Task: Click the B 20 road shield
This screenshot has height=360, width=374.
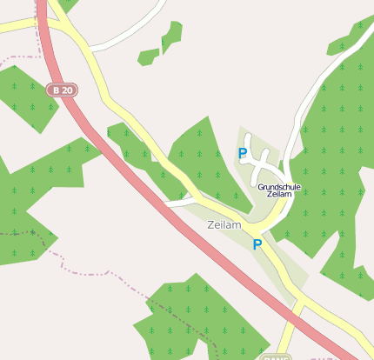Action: click(61, 90)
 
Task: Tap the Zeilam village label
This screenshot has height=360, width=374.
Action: click(224, 224)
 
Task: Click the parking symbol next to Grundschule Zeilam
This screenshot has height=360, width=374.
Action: click(243, 154)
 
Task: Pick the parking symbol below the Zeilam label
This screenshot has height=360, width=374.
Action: click(257, 245)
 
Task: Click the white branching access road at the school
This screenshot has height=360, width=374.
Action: click(257, 157)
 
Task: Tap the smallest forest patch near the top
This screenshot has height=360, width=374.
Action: click(149, 57)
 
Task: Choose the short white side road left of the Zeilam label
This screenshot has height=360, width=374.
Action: click(178, 203)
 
